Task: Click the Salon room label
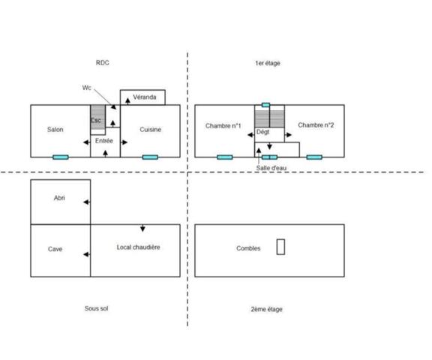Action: click(55, 130)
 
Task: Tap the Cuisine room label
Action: click(151, 130)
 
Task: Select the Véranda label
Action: click(145, 97)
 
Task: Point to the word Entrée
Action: click(104, 141)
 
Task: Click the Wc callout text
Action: click(86, 88)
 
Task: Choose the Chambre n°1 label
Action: click(223, 126)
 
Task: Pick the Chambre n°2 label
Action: click(316, 125)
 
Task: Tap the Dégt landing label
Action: click(262, 132)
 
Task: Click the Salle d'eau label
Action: click(271, 168)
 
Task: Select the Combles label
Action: click(248, 248)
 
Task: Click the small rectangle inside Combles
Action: click(280, 247)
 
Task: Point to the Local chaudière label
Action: click(138, 247)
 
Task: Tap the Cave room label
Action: click(55, 249)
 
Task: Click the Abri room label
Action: click(59, 198)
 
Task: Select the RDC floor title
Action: click(103, 63)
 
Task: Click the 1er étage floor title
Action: click(268, 63)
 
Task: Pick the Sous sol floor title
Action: click(97, 308)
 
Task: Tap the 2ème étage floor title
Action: click(266, 309)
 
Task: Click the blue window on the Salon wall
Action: click(61, 157)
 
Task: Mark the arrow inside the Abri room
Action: click(86, 202)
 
